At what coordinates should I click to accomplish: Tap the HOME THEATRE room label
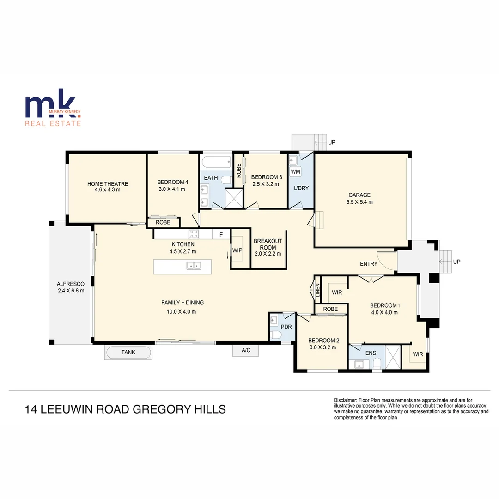108,184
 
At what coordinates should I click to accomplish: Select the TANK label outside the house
128,353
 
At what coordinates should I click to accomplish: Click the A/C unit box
246,351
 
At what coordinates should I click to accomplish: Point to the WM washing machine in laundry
296,172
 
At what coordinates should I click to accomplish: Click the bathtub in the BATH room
216,163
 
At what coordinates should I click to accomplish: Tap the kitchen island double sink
194,265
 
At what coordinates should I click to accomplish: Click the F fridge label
221,235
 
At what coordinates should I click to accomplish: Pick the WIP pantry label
237,250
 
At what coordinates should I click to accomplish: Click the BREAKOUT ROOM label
268,244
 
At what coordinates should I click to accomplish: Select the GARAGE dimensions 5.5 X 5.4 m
359,202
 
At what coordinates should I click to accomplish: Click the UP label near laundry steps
331,143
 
